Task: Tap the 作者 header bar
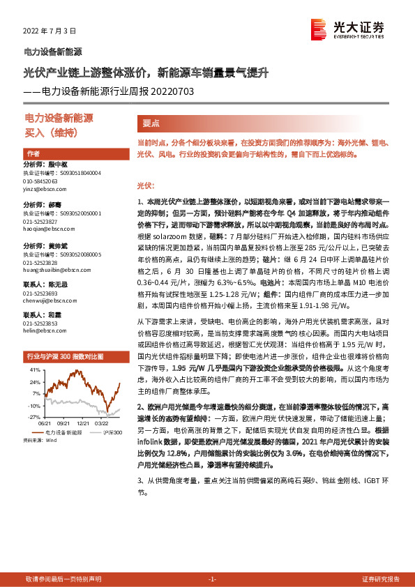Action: [x=33, y=153]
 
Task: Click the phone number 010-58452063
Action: [x=41, y=181]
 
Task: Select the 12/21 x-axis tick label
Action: [x=83, y=422]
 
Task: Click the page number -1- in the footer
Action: [x=213, y=579]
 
